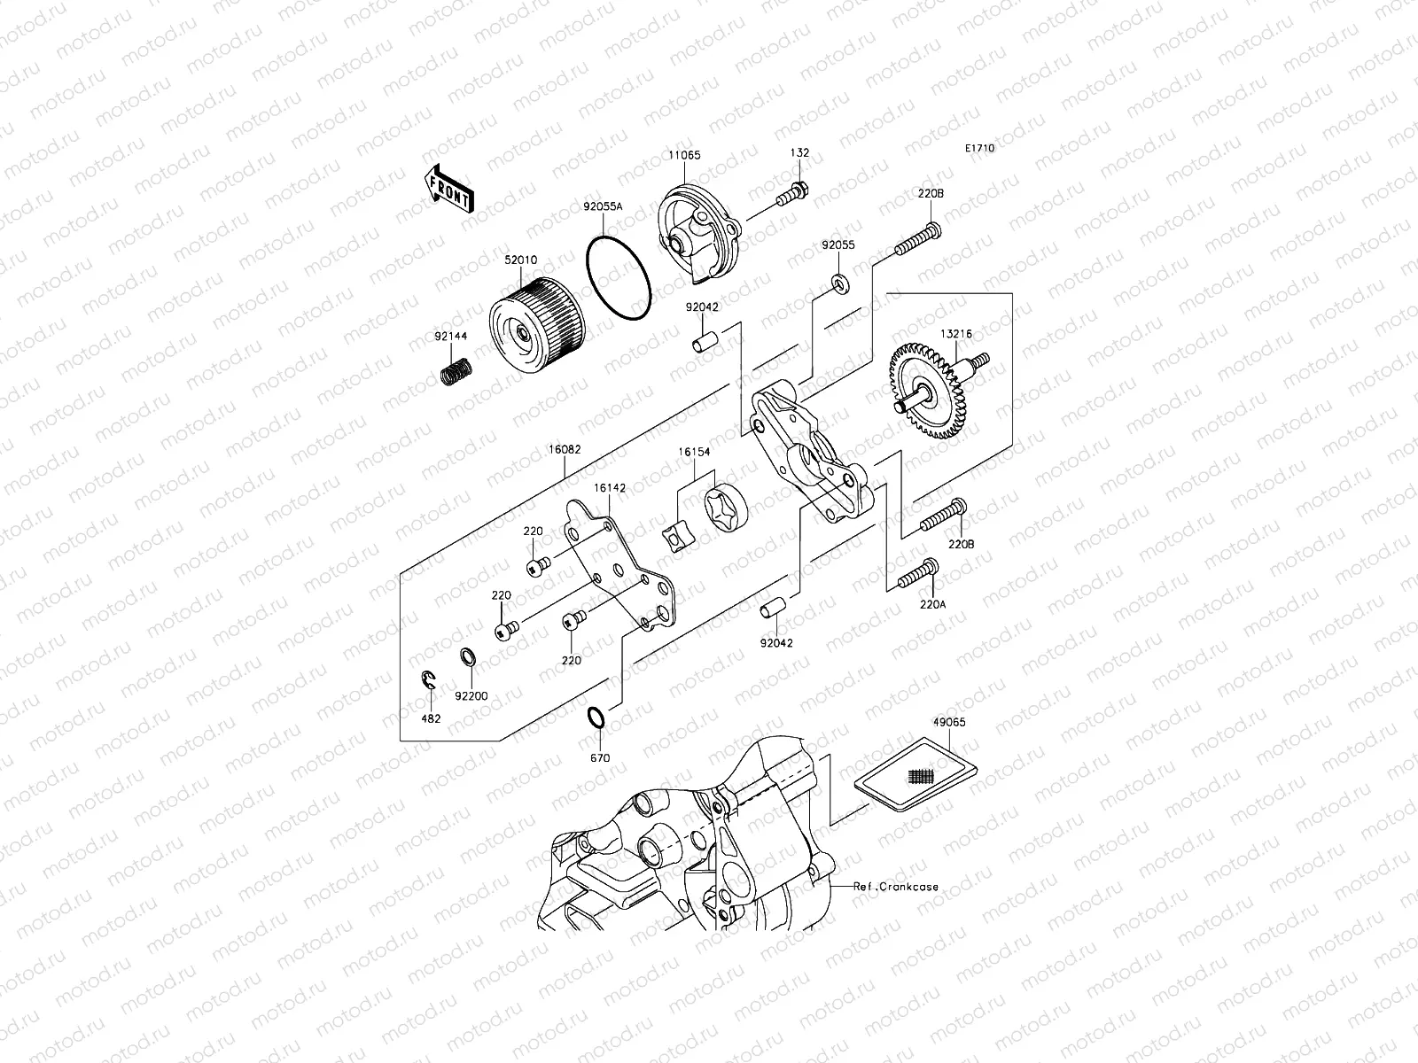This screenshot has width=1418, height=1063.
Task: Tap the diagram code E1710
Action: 979,149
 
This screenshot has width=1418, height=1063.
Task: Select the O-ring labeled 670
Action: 598,718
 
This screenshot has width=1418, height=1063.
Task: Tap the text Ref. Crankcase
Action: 896,886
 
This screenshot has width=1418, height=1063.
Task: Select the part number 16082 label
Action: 564,450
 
